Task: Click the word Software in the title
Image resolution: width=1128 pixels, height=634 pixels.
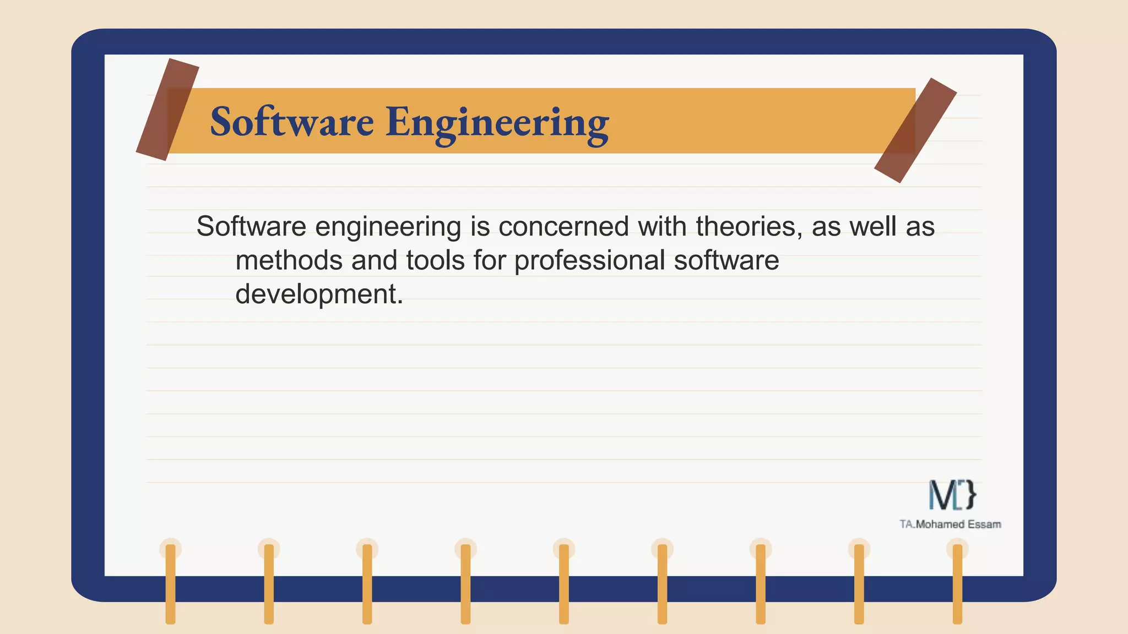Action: pos(292,122)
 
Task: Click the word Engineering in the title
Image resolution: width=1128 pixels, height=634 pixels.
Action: pos(497,123)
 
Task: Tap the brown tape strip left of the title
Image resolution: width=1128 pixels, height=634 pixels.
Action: pos(167,110)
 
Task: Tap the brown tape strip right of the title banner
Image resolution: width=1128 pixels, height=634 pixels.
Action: pos(915,130)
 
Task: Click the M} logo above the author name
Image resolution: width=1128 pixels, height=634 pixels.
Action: pos(952,495)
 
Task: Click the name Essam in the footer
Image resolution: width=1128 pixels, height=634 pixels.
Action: pos(984,524)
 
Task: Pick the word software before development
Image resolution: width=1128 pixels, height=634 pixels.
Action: pos(726,260)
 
